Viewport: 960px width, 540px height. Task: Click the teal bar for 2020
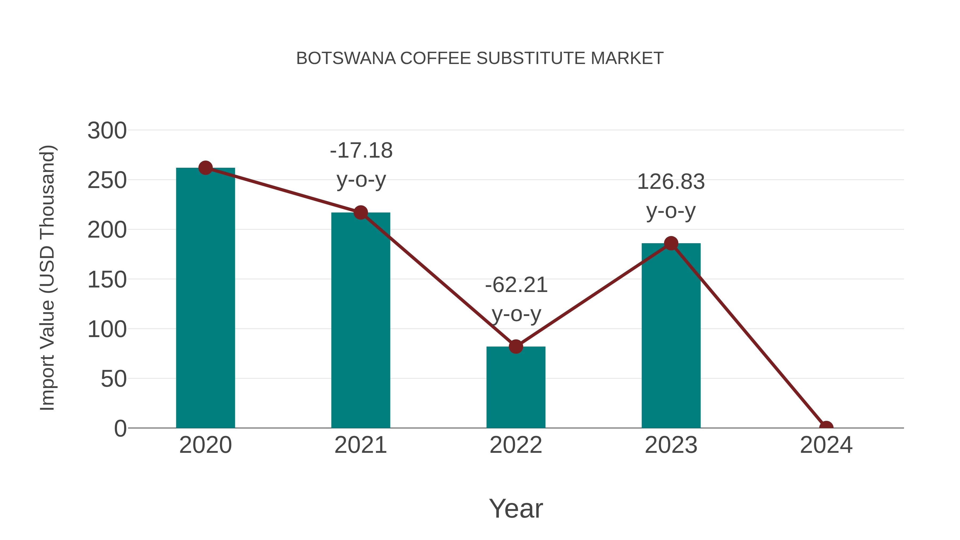[x=205, y=298]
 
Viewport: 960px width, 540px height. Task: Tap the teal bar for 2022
[x=516, y=387]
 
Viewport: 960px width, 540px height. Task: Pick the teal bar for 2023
[x=671, y=335]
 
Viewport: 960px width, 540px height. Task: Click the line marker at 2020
[x=205, y=168]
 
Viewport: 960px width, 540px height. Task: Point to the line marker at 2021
[x=360, y=213]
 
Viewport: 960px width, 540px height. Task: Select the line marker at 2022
[x=516, y=347]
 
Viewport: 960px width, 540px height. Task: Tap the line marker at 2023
[x=671, y=243]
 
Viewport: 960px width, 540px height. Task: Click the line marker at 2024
[x=826, y=427]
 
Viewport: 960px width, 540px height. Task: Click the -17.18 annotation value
[x=361, y=151]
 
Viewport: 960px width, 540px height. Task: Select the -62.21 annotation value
[x=516, y=285]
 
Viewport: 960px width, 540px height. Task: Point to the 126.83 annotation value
[x=671, y=182]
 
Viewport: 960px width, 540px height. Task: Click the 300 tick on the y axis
[x=107, y=131]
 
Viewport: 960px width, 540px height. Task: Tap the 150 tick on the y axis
[x=107, y=280]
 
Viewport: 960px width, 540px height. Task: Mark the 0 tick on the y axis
[x=120, y=429]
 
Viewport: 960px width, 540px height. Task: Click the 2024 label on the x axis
[x=826, y=445]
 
